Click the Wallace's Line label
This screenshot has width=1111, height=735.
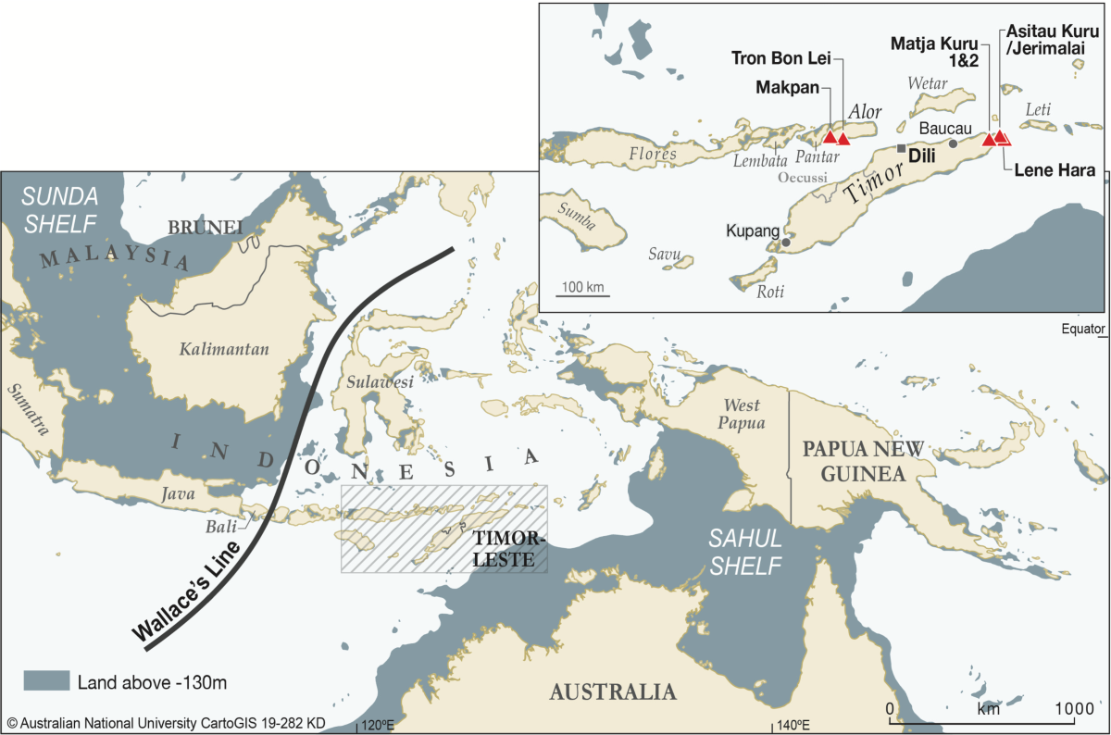(x=189, y=591)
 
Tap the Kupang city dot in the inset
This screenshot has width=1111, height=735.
(x=786, y=243)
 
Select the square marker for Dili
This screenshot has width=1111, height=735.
(x=901, y=148)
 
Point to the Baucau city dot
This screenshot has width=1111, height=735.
(x=954, y=143)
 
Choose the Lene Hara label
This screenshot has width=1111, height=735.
(x=1055, y=170)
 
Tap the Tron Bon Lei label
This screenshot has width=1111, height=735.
(x=781, y=57)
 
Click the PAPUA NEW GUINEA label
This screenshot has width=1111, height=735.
(x=863, y=460)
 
